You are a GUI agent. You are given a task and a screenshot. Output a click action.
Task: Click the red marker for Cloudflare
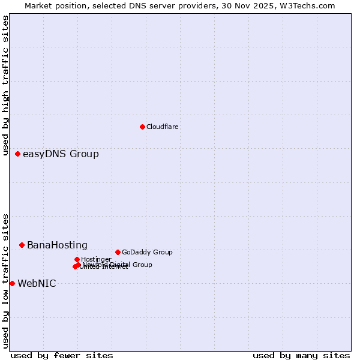(x=142, y=127)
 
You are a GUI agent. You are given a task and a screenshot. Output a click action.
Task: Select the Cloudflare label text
(x=163, y=127)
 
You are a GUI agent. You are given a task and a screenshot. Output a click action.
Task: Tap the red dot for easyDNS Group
(x=17, y=154)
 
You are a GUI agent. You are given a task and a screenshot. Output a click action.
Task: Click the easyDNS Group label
(x=61, y=154)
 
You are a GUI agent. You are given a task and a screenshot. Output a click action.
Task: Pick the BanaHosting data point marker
(x=22, y=245)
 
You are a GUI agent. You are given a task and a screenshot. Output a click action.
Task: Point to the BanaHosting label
(x=57, y=245)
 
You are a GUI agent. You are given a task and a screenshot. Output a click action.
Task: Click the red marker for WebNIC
(x=12, y=283)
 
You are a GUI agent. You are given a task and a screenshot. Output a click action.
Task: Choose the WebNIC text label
(x=37, y=284)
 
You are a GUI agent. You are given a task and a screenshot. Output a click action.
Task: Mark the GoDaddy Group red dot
(x=118, y=252)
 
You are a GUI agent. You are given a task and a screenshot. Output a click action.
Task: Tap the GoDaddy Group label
(x=147, y=253)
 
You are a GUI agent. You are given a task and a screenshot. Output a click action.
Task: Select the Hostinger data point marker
(x=77, y=259)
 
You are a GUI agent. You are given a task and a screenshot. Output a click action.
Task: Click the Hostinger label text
(x=96, y=260)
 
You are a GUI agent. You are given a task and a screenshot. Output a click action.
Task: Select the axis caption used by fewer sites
(x=62, y=356)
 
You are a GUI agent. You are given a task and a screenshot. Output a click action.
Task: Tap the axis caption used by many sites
(x=301, y=356)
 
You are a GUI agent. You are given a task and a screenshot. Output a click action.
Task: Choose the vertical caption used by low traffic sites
(x=6, y=281)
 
